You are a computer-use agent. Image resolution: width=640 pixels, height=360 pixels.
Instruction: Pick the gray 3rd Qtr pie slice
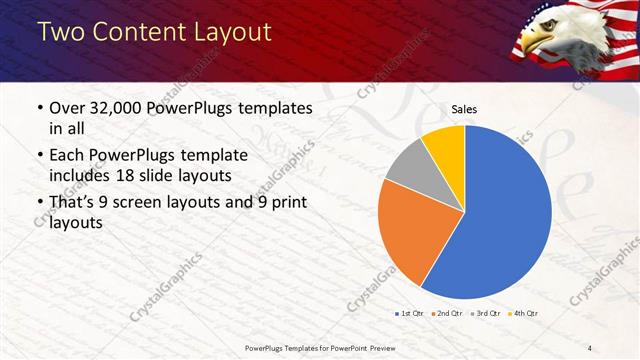(407, 166)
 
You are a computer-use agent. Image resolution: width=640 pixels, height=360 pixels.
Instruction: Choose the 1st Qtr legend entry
(410, 314)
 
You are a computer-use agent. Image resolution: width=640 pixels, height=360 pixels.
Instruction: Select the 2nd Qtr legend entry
(447, 314)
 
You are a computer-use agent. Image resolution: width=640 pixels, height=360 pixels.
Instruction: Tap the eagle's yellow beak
(536, 45)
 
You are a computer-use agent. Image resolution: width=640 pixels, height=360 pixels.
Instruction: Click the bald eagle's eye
(547, 30)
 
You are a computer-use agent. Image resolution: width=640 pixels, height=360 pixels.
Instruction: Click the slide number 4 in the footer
(591, 347)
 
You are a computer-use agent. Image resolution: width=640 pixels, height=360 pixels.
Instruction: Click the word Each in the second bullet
(67, 156)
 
